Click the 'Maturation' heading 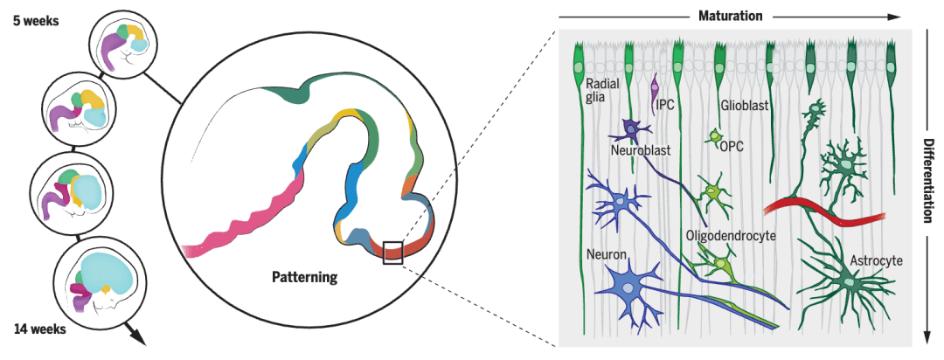point(730,16)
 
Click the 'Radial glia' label point(602,92)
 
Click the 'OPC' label point(731,146)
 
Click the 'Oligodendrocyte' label point(730,236)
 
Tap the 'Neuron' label point(606,253)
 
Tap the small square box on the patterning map point(392,253)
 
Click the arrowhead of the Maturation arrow point(893,16)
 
